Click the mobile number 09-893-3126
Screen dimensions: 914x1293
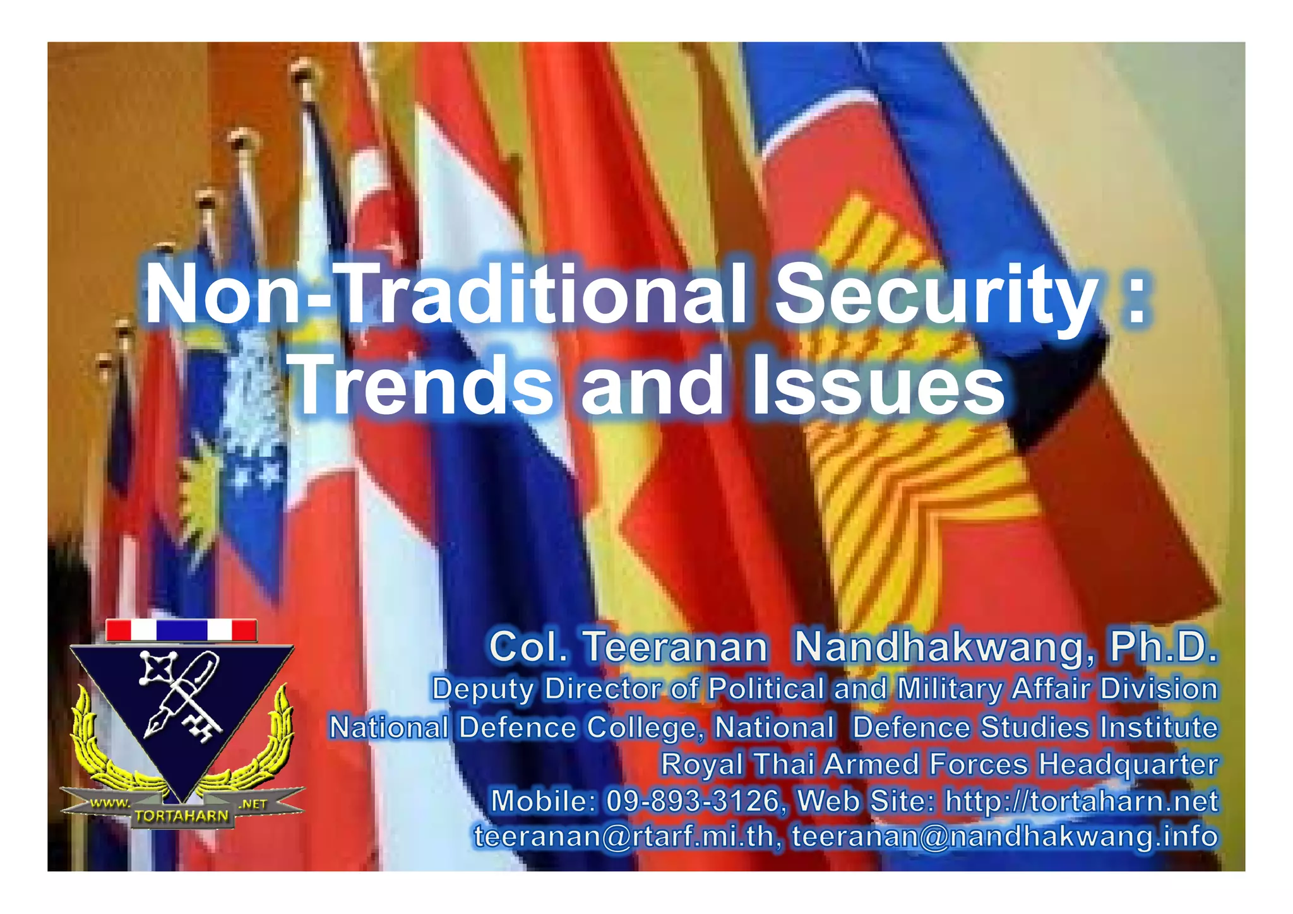(x=693, y=801)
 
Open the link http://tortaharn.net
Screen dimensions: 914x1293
(x=1081, y=801)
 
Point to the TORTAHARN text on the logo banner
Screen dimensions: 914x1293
(x=181, y=816)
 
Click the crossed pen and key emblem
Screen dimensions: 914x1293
(x=180, y=694)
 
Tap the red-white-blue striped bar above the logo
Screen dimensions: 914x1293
(x=181, y=630)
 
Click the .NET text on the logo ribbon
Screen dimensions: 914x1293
(x=253, y=804)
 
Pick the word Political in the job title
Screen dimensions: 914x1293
(x=766, y=689)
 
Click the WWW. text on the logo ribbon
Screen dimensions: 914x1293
(x=110, y=804)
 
